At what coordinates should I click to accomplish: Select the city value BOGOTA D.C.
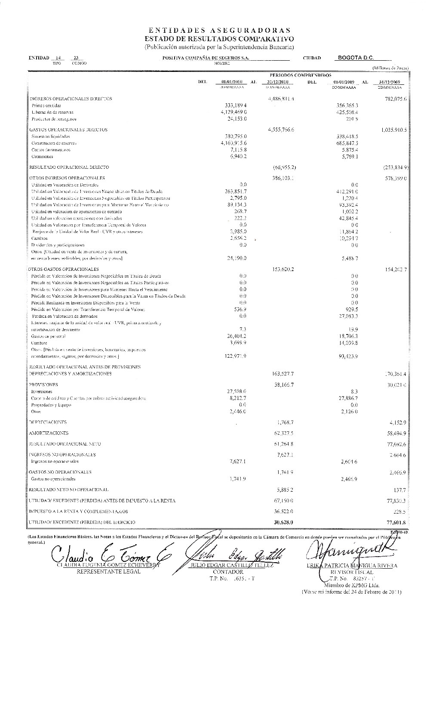tap(356, 57)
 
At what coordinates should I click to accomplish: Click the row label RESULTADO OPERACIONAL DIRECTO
tap(69, 167)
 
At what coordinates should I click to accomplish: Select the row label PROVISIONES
tap(43, 385)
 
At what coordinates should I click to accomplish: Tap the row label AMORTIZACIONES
tap(49, 433)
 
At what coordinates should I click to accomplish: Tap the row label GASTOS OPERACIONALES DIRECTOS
tap(68, 130)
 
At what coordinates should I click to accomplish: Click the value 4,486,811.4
tap(281, 99)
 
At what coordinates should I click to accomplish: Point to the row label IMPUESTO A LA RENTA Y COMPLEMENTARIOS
tap(78, 511)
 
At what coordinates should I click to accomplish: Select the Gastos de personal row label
tap(48, 336)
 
